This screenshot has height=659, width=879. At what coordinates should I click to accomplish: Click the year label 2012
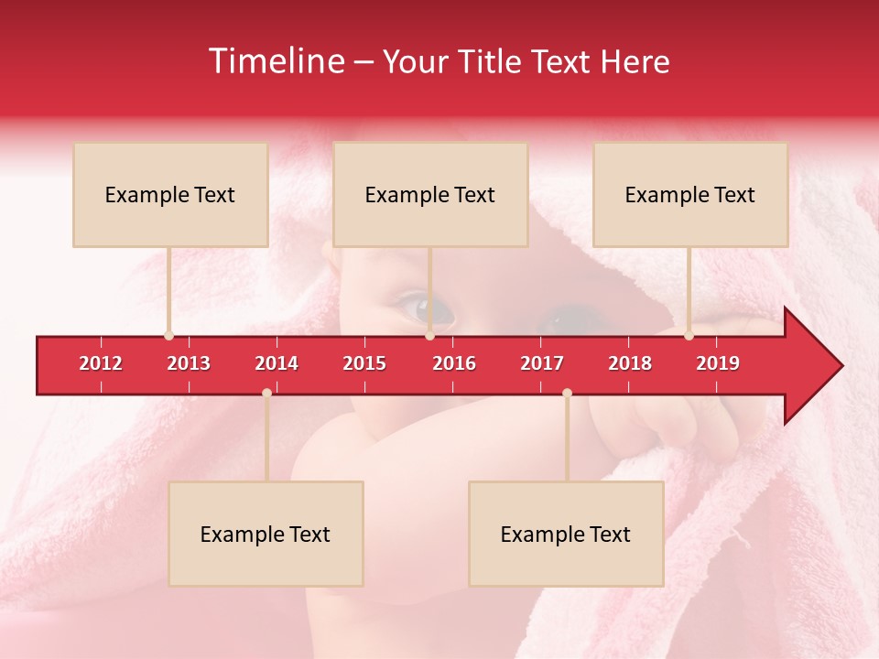pyautogui.click(x=101, y=363)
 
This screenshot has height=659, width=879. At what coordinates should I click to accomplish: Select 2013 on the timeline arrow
pyautogui.click(x=189, y=363)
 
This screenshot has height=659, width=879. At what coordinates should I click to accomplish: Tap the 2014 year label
pyautogui.click(x=277, y=363)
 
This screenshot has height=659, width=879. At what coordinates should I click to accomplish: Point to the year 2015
pyautogui.click(x=364, y=363)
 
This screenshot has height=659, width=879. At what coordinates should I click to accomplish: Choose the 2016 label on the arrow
pyautogui.click(x=454, y=363)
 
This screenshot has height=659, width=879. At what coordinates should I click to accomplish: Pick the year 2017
pyautogui.click(x=542, y=363)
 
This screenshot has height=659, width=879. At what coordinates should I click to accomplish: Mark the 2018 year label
pyautogui.click(x=630, y=363)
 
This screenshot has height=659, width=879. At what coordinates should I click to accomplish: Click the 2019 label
pyautogui.click(x=718, y=363)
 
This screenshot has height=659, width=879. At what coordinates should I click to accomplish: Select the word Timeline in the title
pyautogui.click(x=275, y=61)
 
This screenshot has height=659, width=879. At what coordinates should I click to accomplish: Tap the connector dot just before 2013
pyautogui.click(x=168, y=336)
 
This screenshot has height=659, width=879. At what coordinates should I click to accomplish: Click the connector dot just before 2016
pyautogui.click(x=429, y=336)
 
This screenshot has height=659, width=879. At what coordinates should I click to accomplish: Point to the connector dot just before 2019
pyautogui.click(x=689, y=336)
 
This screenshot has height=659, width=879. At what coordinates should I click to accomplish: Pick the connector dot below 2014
pyautogui.click(x=266, y=393)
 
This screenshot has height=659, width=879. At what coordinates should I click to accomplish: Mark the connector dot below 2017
pyautogui.click(x=567, y=393)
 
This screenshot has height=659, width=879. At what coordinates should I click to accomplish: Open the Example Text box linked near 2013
pyautogui.click(x=170, y=195)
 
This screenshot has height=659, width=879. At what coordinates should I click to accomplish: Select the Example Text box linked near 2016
pyautogui.click(x=430, y=195)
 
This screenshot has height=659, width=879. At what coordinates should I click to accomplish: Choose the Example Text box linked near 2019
pyautogui.click(x=690, y=195)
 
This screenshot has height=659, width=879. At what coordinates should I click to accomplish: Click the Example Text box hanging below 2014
pyautogui.click(x=266, y=534)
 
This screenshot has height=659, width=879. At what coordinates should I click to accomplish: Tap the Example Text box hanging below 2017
pyautogui.click(x=566, y=534)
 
